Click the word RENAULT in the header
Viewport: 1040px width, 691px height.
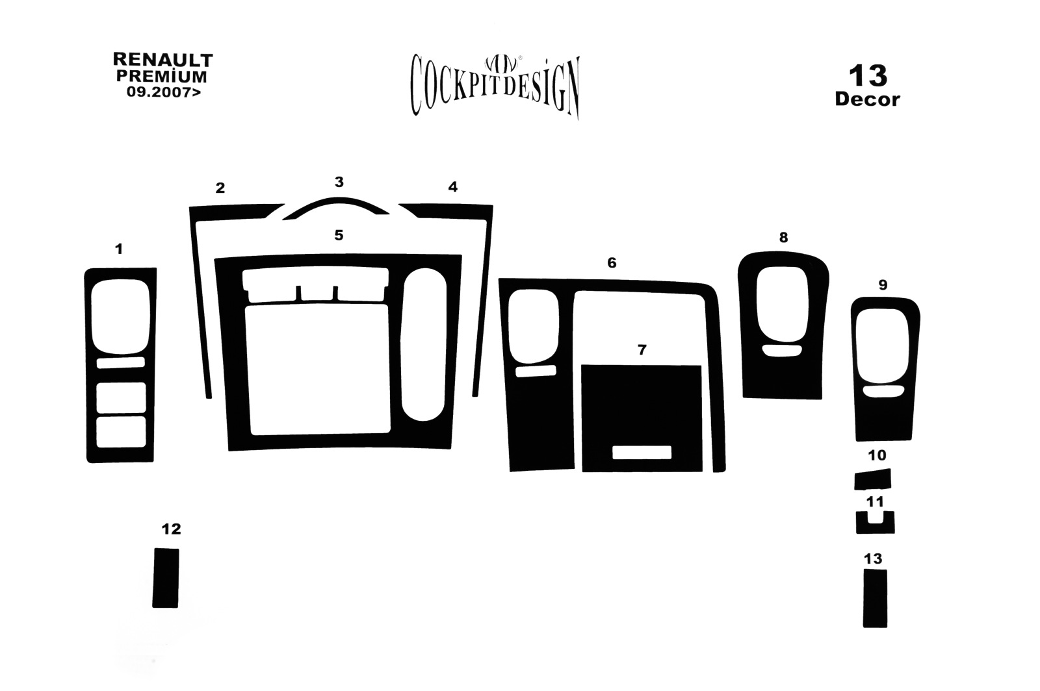point(163,60)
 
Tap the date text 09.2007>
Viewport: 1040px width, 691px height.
point(164,92)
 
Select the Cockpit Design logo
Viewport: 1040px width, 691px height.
point(495,86)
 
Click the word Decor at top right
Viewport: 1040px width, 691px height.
point(867,99)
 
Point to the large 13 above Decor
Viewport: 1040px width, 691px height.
point(868,75)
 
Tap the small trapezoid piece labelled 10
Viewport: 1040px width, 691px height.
point(873,479)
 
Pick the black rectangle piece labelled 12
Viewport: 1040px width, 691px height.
point(166,578)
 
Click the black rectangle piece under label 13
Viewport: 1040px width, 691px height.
point(875,599)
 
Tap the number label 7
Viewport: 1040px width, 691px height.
point(642,349)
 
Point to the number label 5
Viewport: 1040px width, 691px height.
point(339,235)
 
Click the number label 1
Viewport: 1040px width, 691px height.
point(119,249)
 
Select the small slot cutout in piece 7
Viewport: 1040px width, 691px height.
point(642,453)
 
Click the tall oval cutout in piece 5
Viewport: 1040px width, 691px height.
point(423,345)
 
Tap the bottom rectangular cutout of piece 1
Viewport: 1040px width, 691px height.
point(121,433)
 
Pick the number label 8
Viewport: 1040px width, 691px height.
point(783,238)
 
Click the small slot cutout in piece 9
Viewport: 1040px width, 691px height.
point(883,391)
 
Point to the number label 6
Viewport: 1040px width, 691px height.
point(612,263)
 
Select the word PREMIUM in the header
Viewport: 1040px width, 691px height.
point(162,76)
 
